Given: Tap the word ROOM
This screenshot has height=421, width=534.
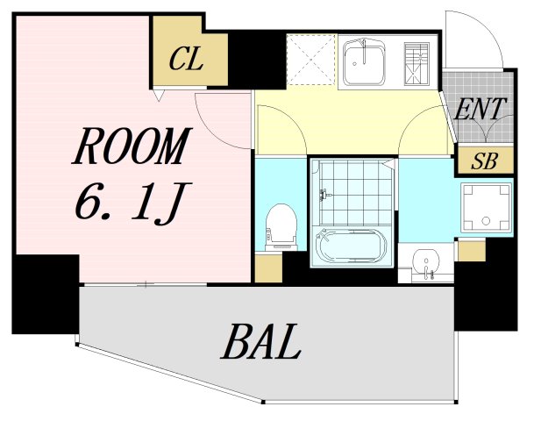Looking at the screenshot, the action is click(x=132, y=146).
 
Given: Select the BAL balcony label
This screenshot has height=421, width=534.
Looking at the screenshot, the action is click(x=261, y=342).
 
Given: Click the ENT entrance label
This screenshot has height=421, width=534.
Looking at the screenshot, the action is click(x=480, y=109).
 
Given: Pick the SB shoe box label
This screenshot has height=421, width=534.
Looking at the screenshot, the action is click(x=485, y=161).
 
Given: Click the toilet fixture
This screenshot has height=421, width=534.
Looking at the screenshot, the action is click(x=281, y=227).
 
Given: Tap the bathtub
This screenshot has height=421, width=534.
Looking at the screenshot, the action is click(x=351, y=245).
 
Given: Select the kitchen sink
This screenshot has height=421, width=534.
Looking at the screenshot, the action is click(x=364, y=64).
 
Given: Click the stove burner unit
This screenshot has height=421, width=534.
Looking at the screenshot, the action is click(x=417, y=63).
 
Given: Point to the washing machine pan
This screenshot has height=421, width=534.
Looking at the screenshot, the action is click(x=486, y=208).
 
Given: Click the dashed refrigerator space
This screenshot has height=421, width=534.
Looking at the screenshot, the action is click(x=311, y=60).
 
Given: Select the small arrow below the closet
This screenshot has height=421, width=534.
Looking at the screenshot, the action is click(x=159, y=95).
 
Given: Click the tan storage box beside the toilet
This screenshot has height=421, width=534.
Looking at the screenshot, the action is click(x=268, y=268).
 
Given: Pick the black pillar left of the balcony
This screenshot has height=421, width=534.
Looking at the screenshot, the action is click(x=46, y=294).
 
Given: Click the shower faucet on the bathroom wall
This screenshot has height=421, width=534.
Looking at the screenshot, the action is click(x=324, y=195).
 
